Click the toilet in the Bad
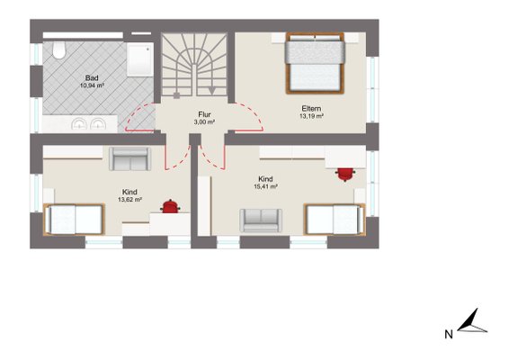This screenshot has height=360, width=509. coord(59,50)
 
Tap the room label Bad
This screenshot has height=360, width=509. coord(92,78)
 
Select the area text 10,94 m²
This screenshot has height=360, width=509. coord(92,85)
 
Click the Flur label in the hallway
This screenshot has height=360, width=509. coord(204,114)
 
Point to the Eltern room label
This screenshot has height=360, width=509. coord(311,109)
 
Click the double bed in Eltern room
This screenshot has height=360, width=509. coord(315,63)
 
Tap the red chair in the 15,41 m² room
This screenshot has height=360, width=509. coord(345,175)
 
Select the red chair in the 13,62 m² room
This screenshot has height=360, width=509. coord(170,207)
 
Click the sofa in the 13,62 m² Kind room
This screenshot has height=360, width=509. coord(129,158)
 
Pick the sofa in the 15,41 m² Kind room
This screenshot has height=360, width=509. coord(261,220)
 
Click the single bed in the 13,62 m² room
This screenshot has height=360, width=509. coord(75,220)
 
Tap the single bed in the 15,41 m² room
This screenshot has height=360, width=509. coord(335,220)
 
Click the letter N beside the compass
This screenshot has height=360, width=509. coord(449,334)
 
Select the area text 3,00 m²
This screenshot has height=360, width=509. coord(204,122)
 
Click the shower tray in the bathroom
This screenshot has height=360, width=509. coord(140,59)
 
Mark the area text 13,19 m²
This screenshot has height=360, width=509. coord(311,116)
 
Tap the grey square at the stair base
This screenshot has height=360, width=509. coord(176,95)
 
